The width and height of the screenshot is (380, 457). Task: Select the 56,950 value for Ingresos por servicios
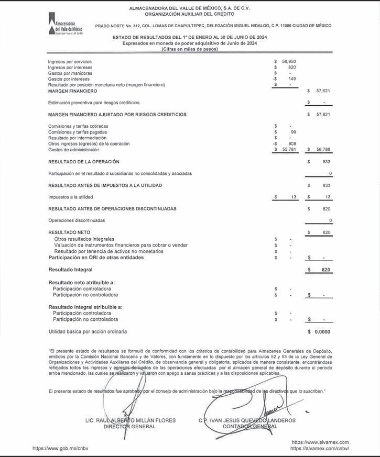pyautogui.click(x=288, y=62)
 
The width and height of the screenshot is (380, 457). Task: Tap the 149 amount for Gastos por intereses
pyautogui.click(x=292, y=79)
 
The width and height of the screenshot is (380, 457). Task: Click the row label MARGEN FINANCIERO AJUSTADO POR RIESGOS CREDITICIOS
pyautogui.click(x=117, y=114)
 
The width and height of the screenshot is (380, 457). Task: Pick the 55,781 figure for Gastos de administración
pyautogui.click(x=288, y=149)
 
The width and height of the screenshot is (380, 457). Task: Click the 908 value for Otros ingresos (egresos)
pyautogui.click(x=292, y=143)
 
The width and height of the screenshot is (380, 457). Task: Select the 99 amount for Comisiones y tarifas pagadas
pyautogui.click(x=294, y=132)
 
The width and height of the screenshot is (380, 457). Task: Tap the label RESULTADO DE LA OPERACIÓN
pyautogui.click(x=83, y=162)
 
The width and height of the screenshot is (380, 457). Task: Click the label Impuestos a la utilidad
pyautogui.click(x=70, y=197)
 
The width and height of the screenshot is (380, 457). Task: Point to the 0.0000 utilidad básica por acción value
pyautogui.click(x=322, y=331)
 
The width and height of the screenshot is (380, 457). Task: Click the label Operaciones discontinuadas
pyautogui.click(x=76, y=220)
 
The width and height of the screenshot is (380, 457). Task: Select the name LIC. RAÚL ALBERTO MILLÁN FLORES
pyautogui.click(x=130, y=420)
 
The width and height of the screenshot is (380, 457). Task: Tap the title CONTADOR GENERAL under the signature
pyautogui.click(x=246, y=426)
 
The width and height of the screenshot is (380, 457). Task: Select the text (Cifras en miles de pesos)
pyautogui.click(x=190, y=49)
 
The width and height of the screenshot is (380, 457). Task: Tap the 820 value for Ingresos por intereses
pyautogui.click(x=292, y=68)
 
